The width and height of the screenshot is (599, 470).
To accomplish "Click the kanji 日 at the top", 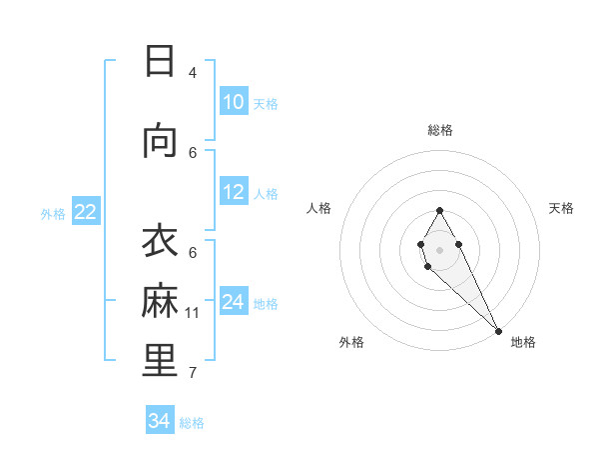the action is coord(160,61).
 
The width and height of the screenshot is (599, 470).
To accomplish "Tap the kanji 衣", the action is coord(160,243).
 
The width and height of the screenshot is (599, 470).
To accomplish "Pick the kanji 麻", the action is coord(160,301).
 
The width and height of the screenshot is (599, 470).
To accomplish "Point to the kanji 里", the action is coord(160,360).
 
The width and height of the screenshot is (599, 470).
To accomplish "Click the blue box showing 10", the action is coord(234,102).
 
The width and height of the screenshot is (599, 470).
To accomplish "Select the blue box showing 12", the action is coord(234,192).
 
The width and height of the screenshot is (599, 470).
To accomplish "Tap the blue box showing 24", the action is coord(234,302).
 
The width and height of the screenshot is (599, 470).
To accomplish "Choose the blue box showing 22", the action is coord(86,212).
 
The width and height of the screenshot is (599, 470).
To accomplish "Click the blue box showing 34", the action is coord(160,421).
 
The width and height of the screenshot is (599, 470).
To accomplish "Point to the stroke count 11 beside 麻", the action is coord(193,313).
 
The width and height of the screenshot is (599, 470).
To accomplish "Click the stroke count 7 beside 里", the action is coord(193,373).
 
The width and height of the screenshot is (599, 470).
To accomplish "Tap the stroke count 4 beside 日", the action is coord(193,72).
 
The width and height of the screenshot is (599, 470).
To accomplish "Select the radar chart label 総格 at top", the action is coord(440,130).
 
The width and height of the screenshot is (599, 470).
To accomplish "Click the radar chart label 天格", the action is coord(561,208).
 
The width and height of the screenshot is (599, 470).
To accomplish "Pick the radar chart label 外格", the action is coord(351,342).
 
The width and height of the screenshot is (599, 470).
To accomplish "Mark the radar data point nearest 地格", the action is coord(498,331).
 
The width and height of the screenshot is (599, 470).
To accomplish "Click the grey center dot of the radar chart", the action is coord(440,249).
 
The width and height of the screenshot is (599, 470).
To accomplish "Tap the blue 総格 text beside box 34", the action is coord(193,423).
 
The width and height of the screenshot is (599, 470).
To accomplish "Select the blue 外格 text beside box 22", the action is coord(53,213).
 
